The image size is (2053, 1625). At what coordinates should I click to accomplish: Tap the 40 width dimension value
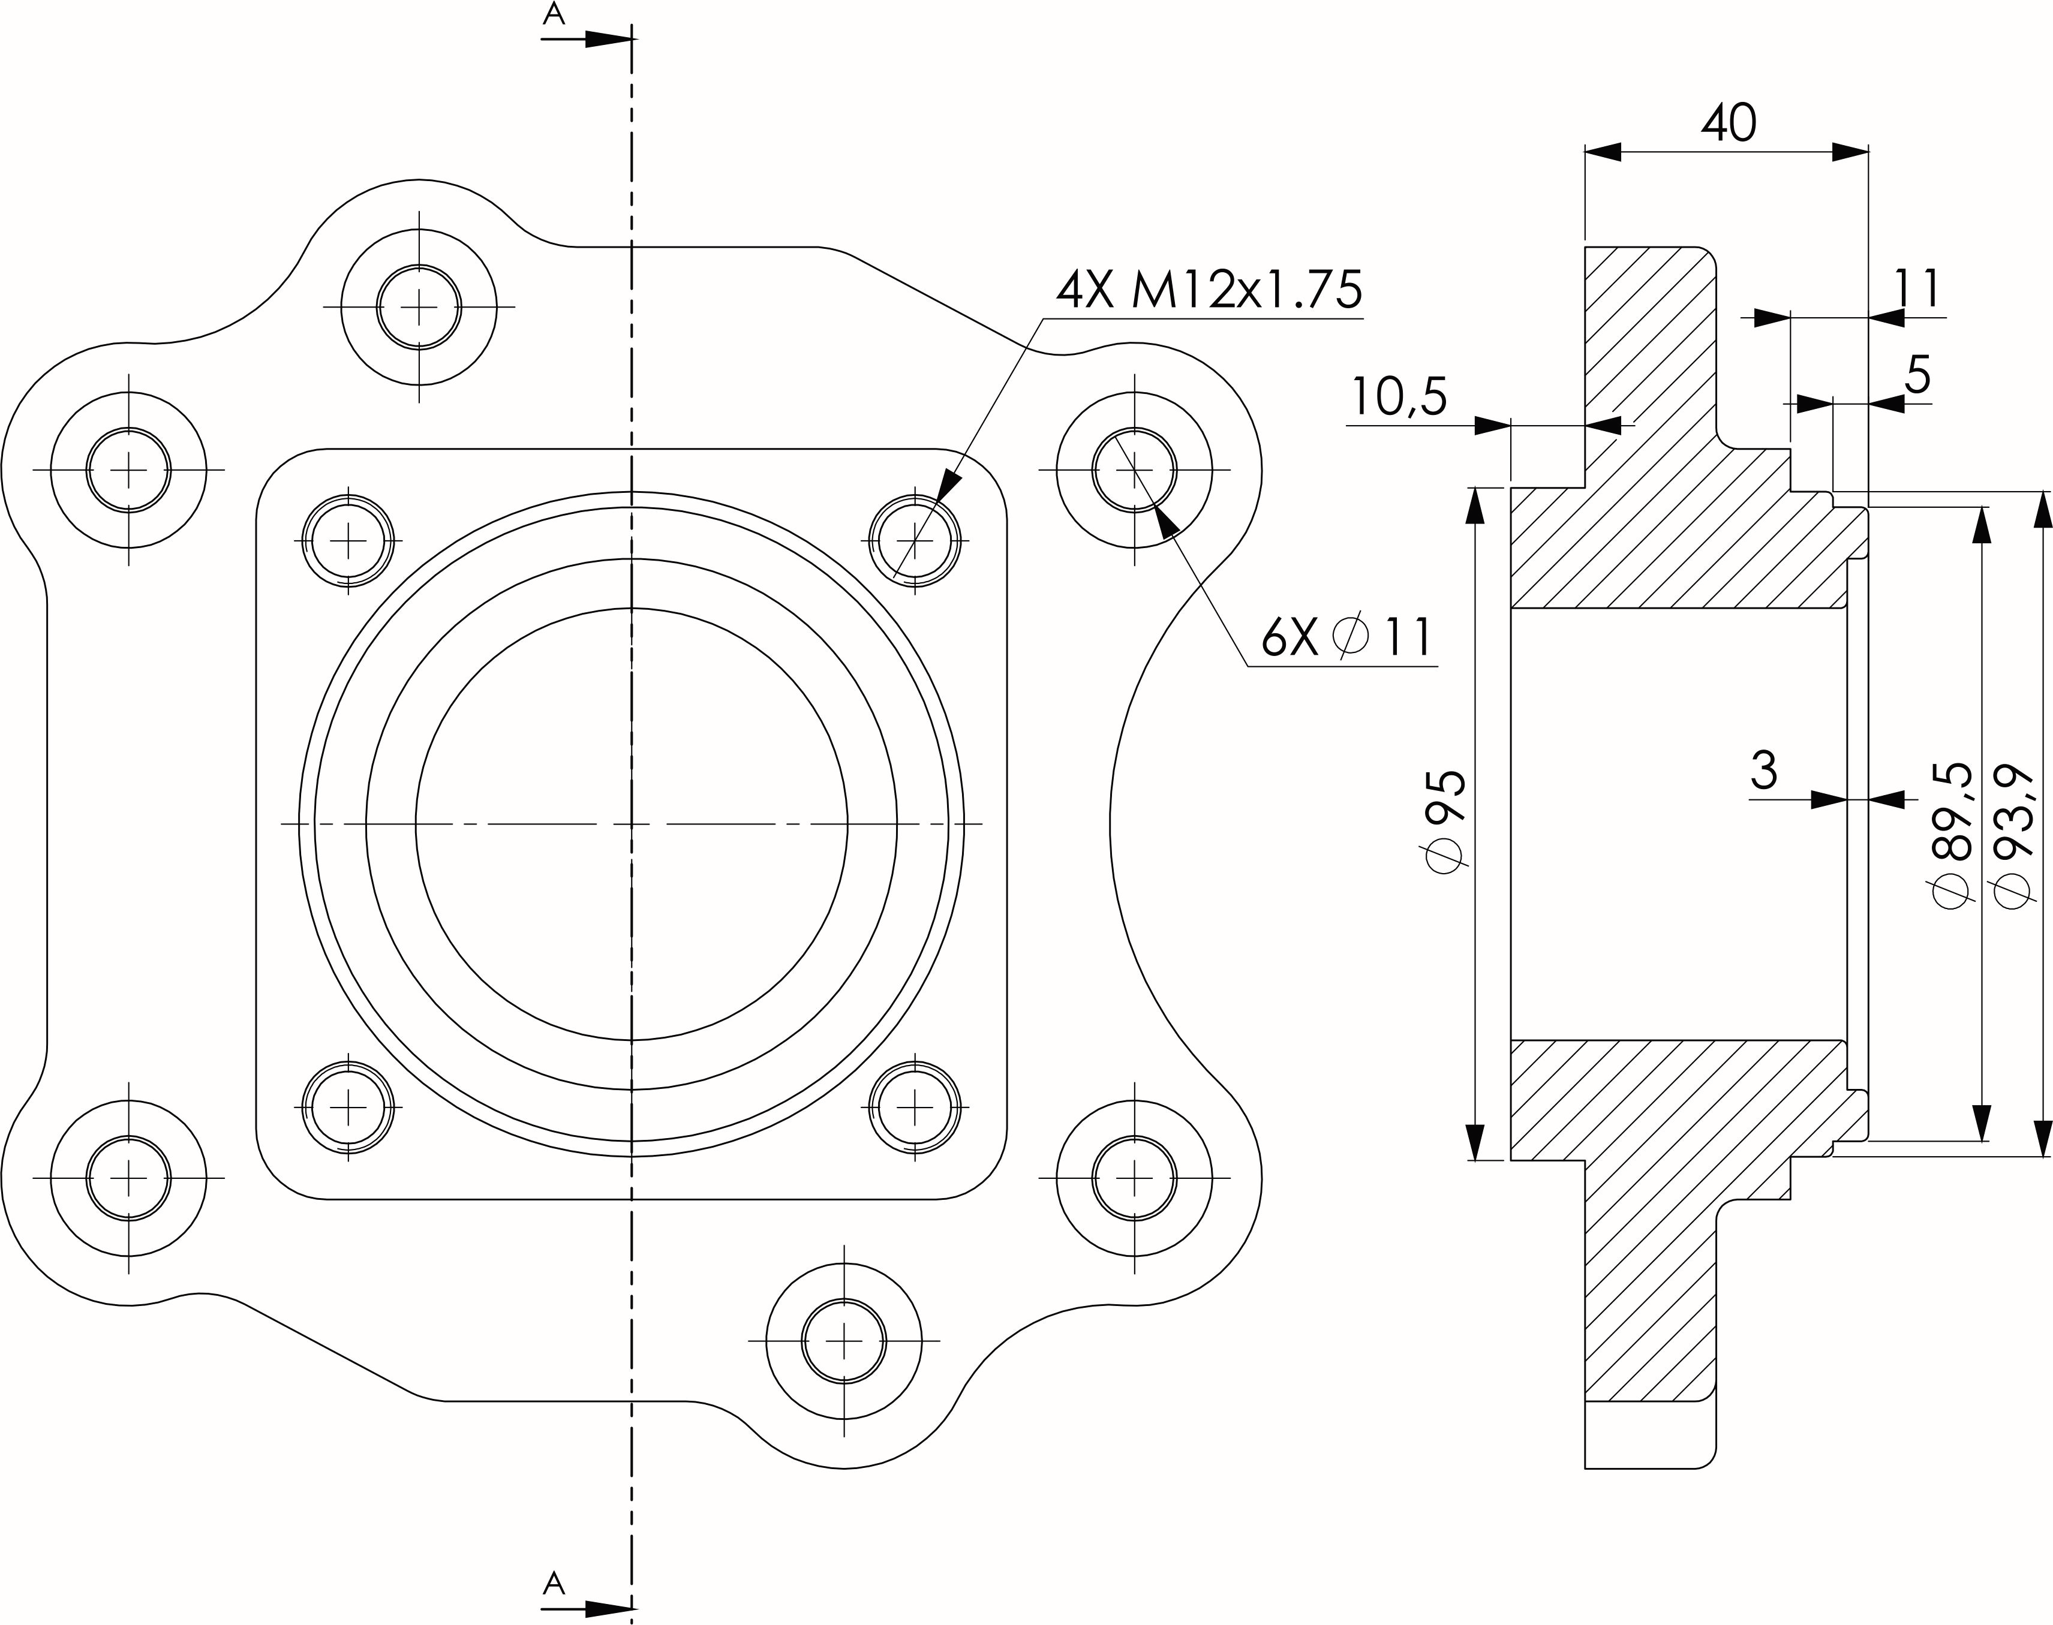tap(1729, 124)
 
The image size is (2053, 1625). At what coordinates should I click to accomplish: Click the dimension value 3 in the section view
tap(1763, 770)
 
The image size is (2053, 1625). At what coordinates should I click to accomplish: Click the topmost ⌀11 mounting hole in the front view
tap(419, 307)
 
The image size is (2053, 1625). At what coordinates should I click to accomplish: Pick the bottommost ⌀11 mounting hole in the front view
tap(844, 1341)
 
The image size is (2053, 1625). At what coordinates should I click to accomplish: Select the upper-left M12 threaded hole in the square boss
tap(348, 540)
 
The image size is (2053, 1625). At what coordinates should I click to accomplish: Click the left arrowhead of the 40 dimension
tap(1603, 151)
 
